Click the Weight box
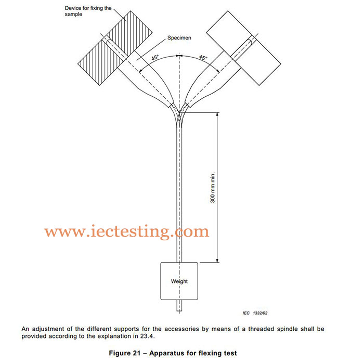(x=179, y=281)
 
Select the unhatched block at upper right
(x=243, y=48)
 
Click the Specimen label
(x=179, y=38)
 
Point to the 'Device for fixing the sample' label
(x=88, y=11)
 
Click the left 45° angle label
(x=155, y=58)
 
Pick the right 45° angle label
(x=203, y=58)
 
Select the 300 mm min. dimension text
(x=213, y=187)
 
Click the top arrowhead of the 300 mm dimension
(x=217, y=115)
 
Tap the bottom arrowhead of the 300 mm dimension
(x=217, y=260)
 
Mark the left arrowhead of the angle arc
(x=141, y=71)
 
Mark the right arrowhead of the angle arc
(x=217, y=71)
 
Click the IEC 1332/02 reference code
(x=255, y=313)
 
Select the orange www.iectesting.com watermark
(x=126, y=231)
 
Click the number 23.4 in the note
(x=147, y=336)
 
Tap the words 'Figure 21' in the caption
(x=125, y=353)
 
